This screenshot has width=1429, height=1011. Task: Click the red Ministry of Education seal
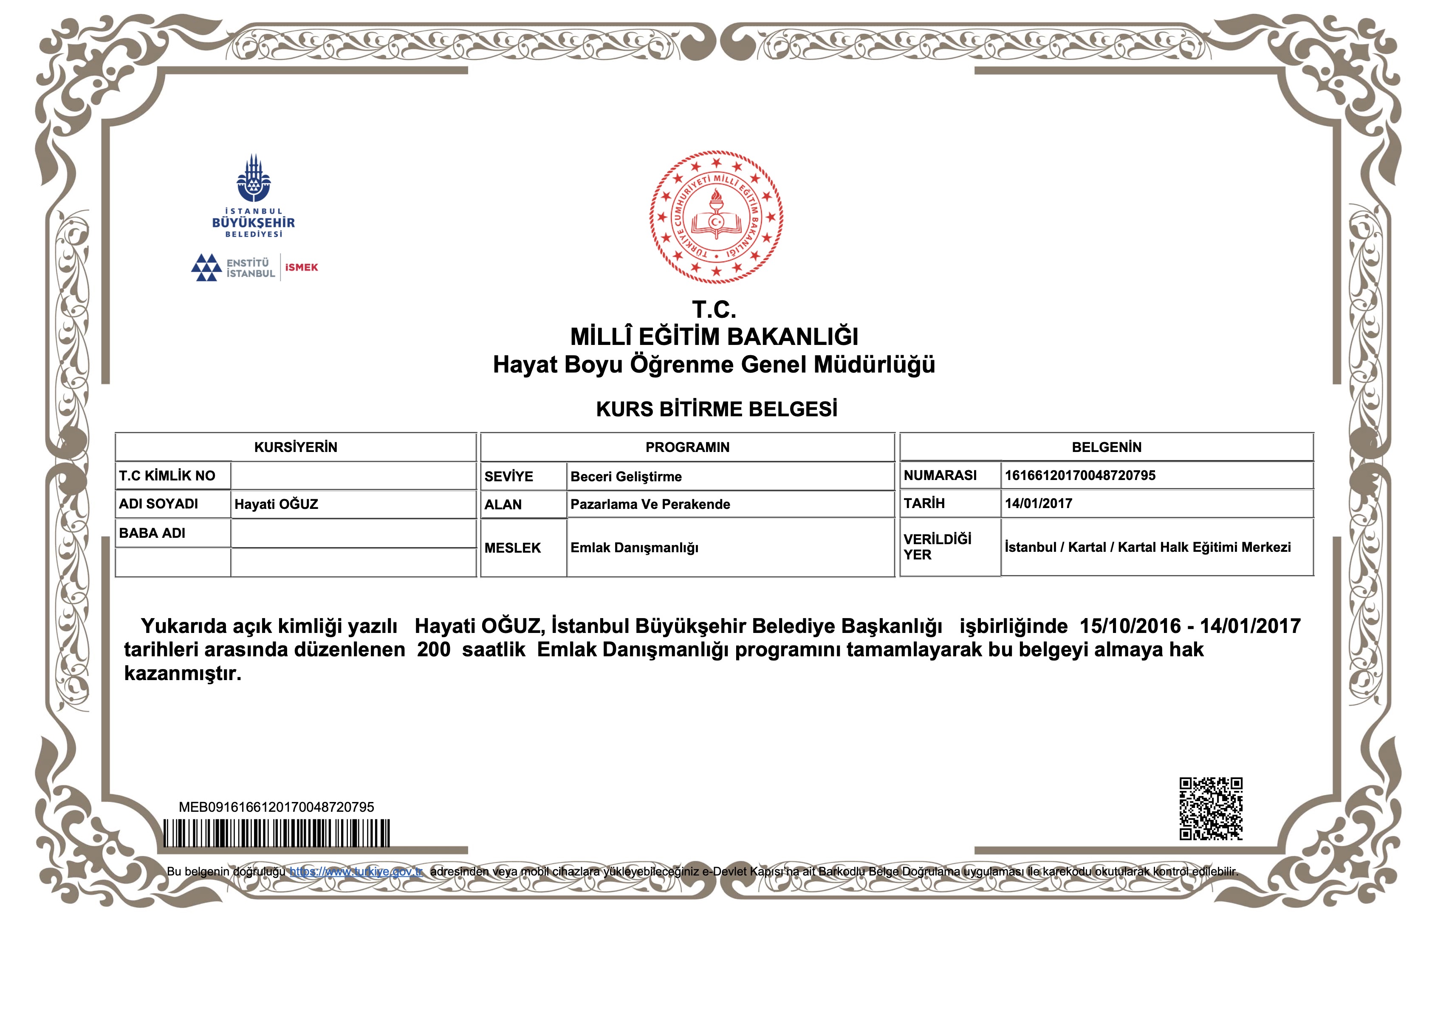coord(716,217)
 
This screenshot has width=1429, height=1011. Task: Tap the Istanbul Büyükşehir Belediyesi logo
coord(253,196)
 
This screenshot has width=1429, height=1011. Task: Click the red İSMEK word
coord(301,268)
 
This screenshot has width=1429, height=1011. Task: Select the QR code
coord(1211,808)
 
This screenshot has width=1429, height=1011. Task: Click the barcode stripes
coord(277,833)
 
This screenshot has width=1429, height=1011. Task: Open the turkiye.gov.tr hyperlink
coord(356,872)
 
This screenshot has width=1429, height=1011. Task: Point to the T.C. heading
coord(714,309)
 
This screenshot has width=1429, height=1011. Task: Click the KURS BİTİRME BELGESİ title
coord(716,409)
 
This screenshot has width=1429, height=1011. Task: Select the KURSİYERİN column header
coord(296,447)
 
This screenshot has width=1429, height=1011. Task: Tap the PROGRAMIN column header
coord(687,447)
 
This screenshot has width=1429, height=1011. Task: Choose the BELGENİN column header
coord(1106,447)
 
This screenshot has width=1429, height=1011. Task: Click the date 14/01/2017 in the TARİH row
coord(1038,504)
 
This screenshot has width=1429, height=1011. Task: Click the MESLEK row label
coord(512,548)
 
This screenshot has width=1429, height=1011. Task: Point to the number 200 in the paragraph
coord(433,650)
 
